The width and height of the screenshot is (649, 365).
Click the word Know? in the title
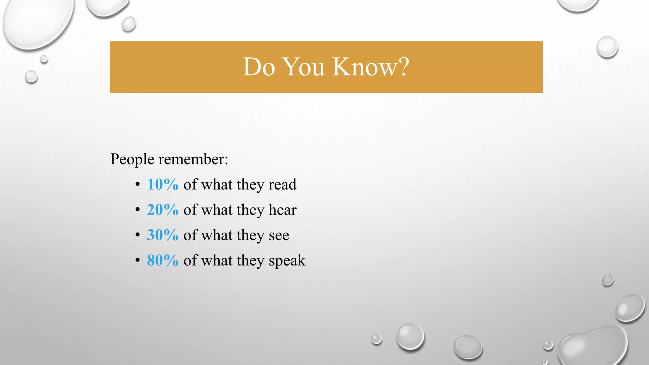click(371, 67)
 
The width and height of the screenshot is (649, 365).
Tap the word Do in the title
click(259, 67)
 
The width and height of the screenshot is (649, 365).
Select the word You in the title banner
click(304, 67)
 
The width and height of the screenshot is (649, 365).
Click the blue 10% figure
click(163, 184)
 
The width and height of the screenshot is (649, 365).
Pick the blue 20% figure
click(163, 210)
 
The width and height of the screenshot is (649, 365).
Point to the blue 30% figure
click(163, 235)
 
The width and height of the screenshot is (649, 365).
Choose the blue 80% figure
click(163, 260)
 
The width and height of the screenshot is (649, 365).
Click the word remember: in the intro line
click(193, 159)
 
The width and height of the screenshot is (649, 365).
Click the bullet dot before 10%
click(137, 184)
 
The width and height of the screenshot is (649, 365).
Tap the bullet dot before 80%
click(137, 260)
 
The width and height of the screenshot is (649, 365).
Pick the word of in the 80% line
click(190, 260)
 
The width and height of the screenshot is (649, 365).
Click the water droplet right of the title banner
click(607, 47)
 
